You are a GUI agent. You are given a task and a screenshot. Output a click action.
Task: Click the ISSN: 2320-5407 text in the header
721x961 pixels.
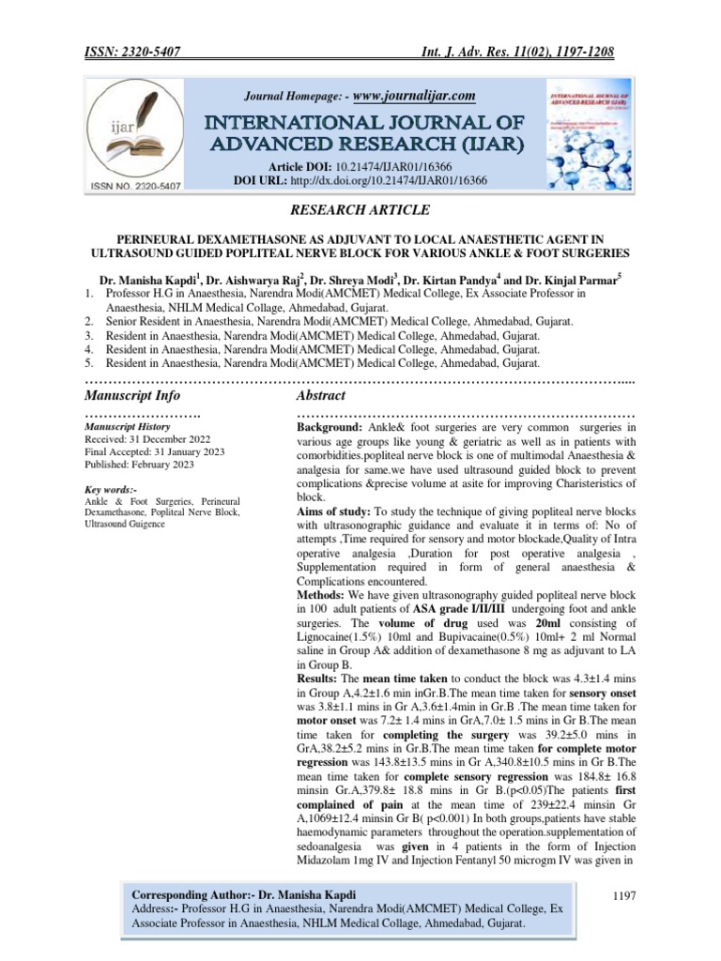[139, 55]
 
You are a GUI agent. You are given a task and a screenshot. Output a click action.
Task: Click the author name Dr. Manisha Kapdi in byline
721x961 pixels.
[146, 280]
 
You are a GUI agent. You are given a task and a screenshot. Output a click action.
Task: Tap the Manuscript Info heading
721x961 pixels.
[131, 396]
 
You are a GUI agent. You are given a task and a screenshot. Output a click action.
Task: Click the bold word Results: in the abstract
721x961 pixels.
[320, 677]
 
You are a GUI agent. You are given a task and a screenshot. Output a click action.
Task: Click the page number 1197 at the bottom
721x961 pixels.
[622, 897]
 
